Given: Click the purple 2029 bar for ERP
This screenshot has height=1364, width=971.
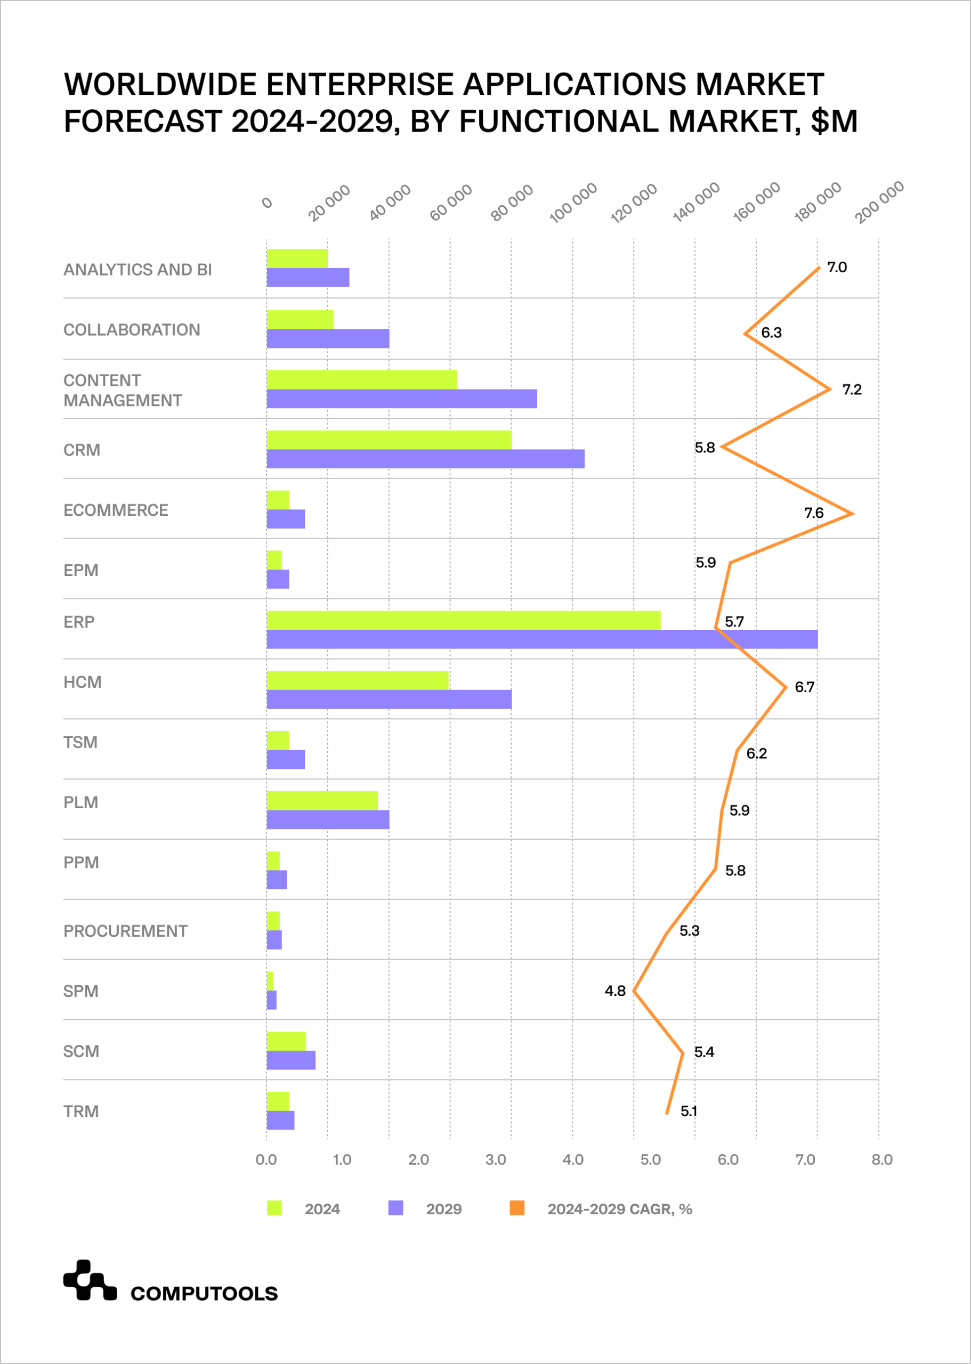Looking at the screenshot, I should pos(541,639).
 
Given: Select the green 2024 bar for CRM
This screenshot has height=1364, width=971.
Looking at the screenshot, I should pos(389,440).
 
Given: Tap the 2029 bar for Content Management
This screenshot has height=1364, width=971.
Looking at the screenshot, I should pos(402,399).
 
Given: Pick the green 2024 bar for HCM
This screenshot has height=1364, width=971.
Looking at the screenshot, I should pos(358,680).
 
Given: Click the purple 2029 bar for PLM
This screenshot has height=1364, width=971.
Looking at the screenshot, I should pos(328,819).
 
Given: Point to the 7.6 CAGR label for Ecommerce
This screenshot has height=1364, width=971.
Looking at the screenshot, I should pos(813,513).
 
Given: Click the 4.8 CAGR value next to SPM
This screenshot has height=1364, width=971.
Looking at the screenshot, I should pos(614,990).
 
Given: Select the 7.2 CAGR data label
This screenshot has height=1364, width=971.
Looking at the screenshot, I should pos(852,389).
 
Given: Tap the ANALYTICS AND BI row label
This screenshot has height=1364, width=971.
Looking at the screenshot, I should pos(137,270).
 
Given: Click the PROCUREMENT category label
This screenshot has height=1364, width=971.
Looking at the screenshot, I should pos(126,931).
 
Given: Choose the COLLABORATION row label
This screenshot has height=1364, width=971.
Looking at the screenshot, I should pos(132,330).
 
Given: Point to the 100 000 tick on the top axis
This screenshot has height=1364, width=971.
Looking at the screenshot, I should pos(573,202).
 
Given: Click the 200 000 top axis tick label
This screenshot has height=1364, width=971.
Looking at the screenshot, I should pos(879,202).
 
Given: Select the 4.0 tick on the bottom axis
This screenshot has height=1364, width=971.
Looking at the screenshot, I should pos(573,1159).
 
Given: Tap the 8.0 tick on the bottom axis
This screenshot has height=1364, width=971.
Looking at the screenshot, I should pos(882,1159).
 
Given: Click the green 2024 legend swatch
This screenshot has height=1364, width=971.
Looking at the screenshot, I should pos(274,1208).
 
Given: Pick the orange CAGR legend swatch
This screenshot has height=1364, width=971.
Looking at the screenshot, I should pos(517,1208).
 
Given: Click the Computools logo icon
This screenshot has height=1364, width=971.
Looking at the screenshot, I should pos(90,1280).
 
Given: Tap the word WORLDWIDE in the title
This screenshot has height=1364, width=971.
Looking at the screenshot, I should pos(160,84).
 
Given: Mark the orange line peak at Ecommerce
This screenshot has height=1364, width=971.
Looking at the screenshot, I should pos(852,514).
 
